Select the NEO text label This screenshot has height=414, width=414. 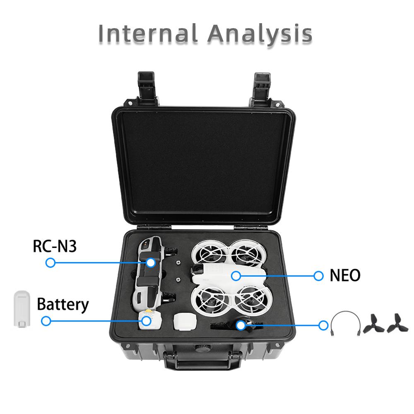tap(345, 275)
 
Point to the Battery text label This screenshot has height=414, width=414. tap(63, 304)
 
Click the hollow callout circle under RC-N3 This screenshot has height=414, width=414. tap(51, 262)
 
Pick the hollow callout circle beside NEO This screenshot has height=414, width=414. tap(318, 275)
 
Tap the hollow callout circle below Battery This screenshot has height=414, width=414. tap(46, 320)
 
